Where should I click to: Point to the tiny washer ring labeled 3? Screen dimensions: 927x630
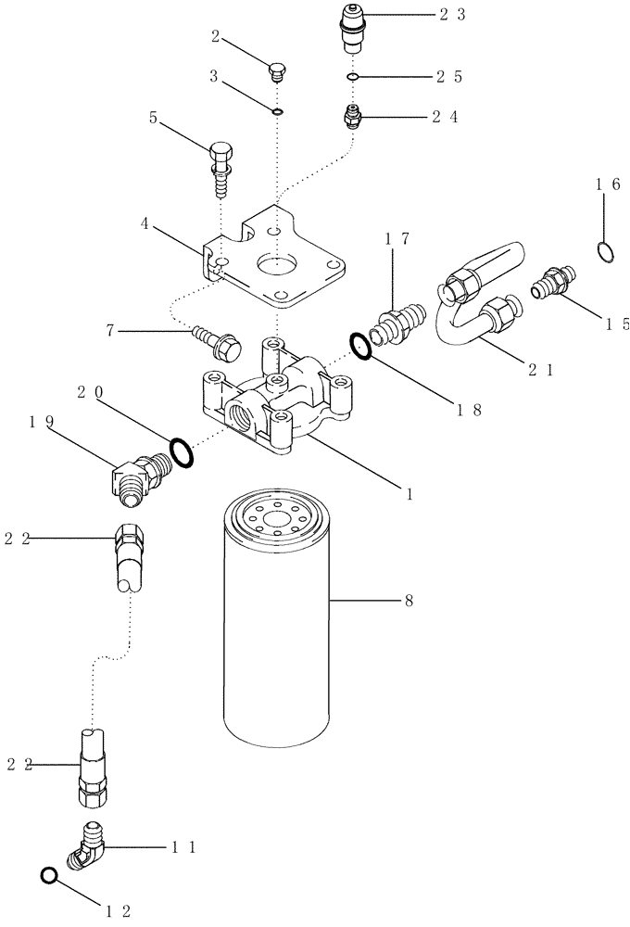(276, 112)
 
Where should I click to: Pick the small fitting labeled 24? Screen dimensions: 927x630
(353, 118)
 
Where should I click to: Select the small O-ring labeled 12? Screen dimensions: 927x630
(50, 874)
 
